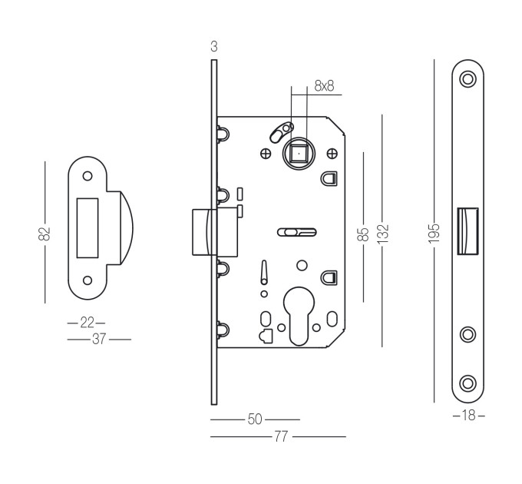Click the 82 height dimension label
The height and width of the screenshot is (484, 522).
(x=45, y=234)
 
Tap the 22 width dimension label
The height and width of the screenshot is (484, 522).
(x=88, y=323)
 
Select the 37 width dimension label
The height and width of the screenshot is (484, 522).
(x=99, y=339)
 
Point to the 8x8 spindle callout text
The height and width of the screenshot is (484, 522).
(x=324, y=86)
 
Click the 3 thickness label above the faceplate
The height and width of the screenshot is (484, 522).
(x=214, y=47)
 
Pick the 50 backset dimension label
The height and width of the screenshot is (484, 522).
(x=255, y=419)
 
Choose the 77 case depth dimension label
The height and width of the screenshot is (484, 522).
(x=281, y=436)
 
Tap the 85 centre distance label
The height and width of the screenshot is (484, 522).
(x=363, y=234)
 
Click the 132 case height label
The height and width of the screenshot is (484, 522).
(x=383, y=234)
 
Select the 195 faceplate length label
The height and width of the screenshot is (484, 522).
(x=434, y=234)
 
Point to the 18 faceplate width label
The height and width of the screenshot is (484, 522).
(x=469, y=416)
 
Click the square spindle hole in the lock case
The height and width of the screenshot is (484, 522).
(x=299, y=154)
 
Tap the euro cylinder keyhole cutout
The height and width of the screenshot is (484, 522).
(x=299, y=316)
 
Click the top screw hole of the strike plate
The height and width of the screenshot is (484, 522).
(x=88, y=176)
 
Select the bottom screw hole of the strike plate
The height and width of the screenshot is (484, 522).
(x=88, y=280)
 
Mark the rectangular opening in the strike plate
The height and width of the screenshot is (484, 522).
(x=88, y=228)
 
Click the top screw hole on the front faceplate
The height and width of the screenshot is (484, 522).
(x=467, y=79)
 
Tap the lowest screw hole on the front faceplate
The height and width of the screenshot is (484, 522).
(x=467, y=383)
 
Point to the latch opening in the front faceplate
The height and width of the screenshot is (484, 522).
(x=467, y=231)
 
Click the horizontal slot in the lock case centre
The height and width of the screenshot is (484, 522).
(x=297, y=232)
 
